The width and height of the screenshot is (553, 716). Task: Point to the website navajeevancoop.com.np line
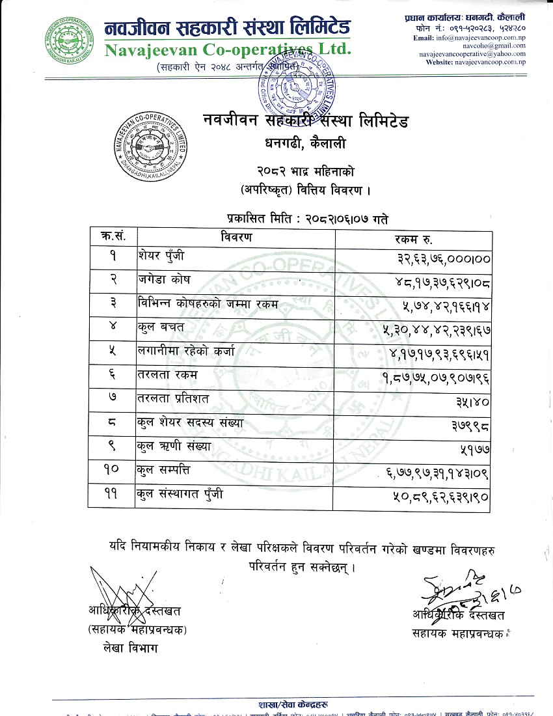[x=476, y=62]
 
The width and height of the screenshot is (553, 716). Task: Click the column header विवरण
[x=236, y=238]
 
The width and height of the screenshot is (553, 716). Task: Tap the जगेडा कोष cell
[x=163, y=281]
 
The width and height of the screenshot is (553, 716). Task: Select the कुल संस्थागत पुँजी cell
[x=179, y=495]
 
